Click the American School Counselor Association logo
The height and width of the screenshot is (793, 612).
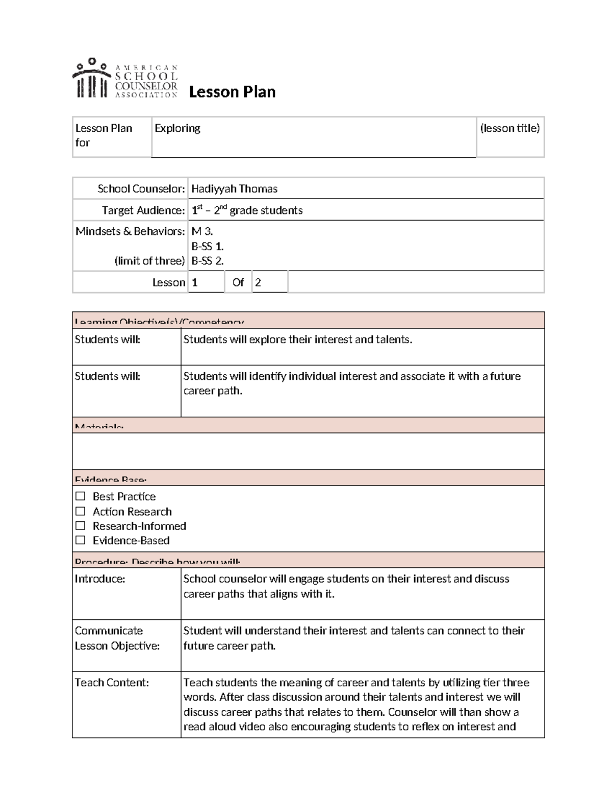pyautogui.click(x=125, y=78)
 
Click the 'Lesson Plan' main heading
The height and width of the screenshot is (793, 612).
pyautogui.click(x=232, y=92)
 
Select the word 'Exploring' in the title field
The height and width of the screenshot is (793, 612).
pyautogui.click(x=177, y=128)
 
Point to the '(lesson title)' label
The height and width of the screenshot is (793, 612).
pyautogui.click(x=509, y=128)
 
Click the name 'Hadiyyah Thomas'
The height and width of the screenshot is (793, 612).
pyautogui.click(x=234, y=189)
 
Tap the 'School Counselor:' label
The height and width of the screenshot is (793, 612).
pyautogui.click(x=141, y=189)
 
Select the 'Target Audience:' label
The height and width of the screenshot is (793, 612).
pyautogui.click(x=143, y=210)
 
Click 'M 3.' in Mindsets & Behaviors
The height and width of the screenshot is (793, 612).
pyautogui.click(x=202, y=231)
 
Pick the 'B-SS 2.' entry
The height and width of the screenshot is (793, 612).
pyautogui.click(x=207, y=261)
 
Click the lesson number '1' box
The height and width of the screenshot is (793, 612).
pyautogui.click(x=195, y=282)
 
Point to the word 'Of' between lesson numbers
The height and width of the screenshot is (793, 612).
pyautogui.click(x=238, y=282)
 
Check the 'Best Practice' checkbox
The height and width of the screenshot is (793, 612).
pyautogui.click(x=81, y=496)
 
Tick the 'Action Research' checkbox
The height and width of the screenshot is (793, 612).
pyautogui.click(x=81, y=511)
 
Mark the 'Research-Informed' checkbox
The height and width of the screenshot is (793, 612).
pyautogui.click(x=81, y=526)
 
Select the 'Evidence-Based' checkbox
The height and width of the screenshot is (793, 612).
pyautogui.click(x=81, y=540)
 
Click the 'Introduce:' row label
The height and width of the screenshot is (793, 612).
pyautogui.click(x=100, y=579)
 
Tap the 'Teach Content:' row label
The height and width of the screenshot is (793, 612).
pyautogui.click(x=112, y=683)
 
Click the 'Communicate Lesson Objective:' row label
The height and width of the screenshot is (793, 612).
pyautogui.click(x=117, y=638)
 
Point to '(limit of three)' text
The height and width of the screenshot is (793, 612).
pyautogui.click(x=149, y=261)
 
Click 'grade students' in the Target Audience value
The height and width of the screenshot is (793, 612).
pyautogui.click(x=266, y=210)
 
